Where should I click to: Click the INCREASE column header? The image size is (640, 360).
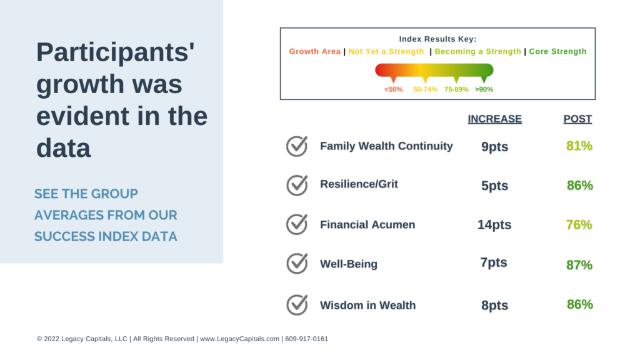(x=495, y=119)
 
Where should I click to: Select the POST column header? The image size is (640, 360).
(x=577, y=119)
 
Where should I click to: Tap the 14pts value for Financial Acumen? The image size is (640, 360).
(x=494, y=225)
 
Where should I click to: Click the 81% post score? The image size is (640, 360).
(x=579, y=146)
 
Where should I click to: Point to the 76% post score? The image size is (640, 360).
(x=579, y=224)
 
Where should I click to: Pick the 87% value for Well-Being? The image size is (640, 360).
(x=579, y=265)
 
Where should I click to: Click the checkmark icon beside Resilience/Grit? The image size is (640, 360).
(x=297, y=185)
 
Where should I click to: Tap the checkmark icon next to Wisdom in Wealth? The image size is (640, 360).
(x=297, y=305)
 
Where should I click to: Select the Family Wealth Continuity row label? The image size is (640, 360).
(x=386, y=146)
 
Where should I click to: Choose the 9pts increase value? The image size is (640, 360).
(x=495, y=146)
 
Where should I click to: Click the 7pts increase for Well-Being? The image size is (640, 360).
(x=494, y=262)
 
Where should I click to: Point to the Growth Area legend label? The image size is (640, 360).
(x=315, y=51)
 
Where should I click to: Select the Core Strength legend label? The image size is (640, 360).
(x=557, y=51)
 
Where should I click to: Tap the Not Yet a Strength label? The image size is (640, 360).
(x=386, y=51)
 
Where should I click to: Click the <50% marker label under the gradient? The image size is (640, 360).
(x=394, y=89)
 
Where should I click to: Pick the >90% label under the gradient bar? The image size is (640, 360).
(x=484, y=89)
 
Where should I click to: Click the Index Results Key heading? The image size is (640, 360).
(x=437, y=39)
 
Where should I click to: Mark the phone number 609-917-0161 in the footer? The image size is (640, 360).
(x=306, y=339)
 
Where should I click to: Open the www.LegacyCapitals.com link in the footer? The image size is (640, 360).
(x=239, y=339)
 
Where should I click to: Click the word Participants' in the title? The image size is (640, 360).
(x=116, y=52)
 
